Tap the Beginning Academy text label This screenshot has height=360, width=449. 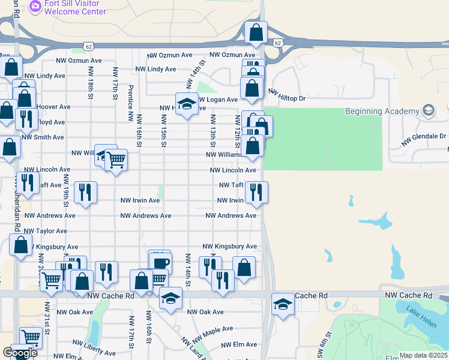[x=381, y=112]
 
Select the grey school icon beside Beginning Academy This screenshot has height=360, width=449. [x=429, y=111]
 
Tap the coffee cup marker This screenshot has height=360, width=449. [x=160, y=262]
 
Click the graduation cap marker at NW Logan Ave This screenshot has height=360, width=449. [x=187, y=104]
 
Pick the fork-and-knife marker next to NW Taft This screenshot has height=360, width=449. [x=256, y=192]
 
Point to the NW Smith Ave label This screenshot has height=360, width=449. [x=43, y=137]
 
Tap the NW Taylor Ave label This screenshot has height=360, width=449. [x=44, y=231]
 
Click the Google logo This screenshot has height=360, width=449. [x=20, y=353]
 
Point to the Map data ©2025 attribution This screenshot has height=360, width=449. [x=423, y=356]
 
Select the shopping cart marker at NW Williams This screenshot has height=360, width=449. [x=116, y=160]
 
